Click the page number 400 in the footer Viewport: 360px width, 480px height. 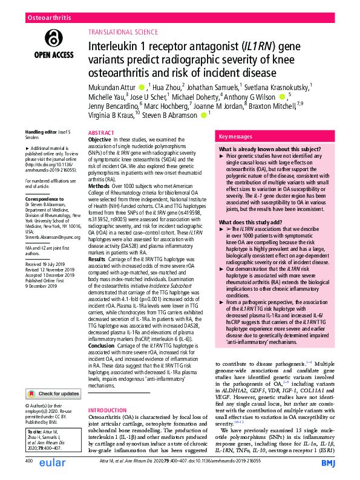29,461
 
